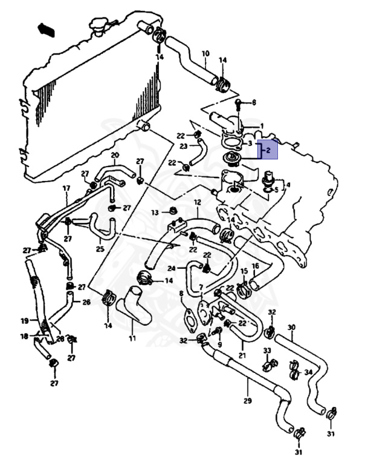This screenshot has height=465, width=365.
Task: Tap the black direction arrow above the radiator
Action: click(46, 29)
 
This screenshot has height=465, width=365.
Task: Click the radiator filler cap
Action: click(99, 27)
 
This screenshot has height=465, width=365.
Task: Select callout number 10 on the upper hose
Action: click(205, 54)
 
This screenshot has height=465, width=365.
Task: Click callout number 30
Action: click(291, 328)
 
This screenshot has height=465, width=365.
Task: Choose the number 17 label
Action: click(66, 188)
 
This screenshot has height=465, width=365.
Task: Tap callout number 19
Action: click(25, 321)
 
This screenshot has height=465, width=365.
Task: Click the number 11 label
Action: click(132, 338)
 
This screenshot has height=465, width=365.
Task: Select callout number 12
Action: click(197, 202)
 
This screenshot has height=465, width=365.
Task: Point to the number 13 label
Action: click(155, 213)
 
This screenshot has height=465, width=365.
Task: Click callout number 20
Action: click(115, 156)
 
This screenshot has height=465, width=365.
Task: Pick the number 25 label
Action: click(100, 249)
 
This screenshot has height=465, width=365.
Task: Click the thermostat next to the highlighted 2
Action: click(230, 159)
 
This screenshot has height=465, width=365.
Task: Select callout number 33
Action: click(266, 351)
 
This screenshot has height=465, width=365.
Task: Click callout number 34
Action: click(308, 372)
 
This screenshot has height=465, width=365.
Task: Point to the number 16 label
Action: click(255, 266)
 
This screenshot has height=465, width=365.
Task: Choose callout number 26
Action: click(86, 302)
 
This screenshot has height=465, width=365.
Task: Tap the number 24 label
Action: click(172, 268)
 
